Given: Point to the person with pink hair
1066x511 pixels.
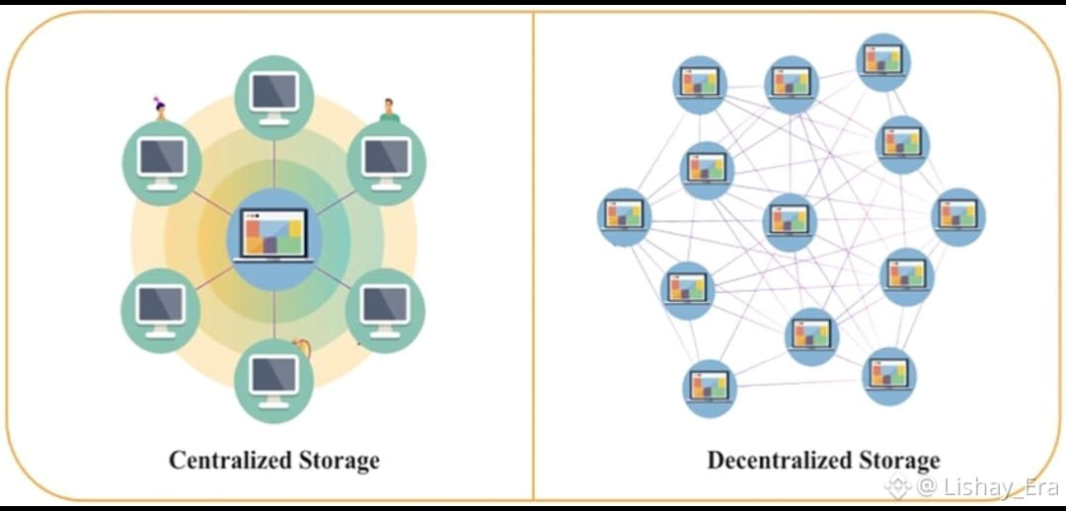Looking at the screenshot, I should [160, 109].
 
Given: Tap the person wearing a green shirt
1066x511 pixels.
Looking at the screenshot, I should [389, 110].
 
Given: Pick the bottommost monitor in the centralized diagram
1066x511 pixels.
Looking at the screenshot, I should [273, 378].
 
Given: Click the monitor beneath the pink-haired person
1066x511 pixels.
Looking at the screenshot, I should [162, 161].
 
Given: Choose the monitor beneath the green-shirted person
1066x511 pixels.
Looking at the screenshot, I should [386, 161].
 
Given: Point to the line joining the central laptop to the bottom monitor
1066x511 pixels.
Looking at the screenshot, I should [273, 314].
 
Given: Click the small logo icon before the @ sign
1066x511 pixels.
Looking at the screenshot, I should [897, 485].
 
